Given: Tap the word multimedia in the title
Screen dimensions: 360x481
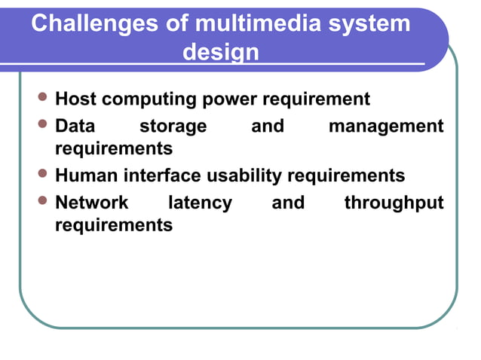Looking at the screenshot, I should pyautogui.click(x=257, y=24).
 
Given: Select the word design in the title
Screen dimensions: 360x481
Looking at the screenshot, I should pyautogui.click(x=221, y=53).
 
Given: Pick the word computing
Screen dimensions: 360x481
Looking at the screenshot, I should pyautogui.click(x=147, y=99).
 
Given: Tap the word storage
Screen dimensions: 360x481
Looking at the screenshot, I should pyautogui.click(x=173, y=126).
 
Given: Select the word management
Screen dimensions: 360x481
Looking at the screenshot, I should pyautogui.click(x=386, y=126).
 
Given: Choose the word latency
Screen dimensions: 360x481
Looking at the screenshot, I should pyautogui.click(x=200, y=203).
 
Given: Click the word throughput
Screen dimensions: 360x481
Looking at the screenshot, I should pyautogui.click(x=394, y=203).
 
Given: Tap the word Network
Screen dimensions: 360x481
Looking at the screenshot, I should pyautogui.click(x=92, y=203).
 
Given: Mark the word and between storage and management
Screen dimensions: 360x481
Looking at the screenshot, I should pyautogui.click(x=267, y=126).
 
